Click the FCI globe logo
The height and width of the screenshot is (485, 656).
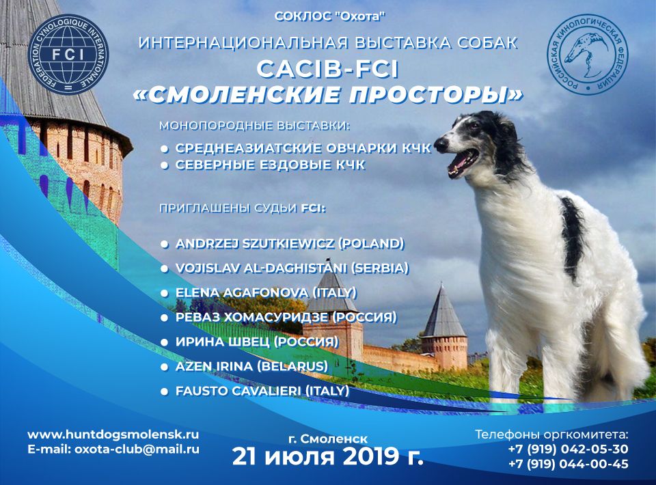(68, 53)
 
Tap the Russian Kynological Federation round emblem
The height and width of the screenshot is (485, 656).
(587, 53)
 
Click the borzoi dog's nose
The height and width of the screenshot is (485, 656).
(439, 145)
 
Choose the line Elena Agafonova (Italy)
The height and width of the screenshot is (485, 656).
(266, 292)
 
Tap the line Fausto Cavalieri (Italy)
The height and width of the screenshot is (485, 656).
(262, 391)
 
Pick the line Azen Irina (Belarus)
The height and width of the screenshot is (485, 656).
(252, 367)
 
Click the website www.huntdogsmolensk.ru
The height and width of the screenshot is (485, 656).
(113, 434)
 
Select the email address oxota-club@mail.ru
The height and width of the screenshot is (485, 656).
(137, 449)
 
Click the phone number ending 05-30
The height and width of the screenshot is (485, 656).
(568, 449)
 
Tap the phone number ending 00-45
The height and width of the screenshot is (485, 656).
(568, 464)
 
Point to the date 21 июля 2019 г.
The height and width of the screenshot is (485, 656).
(327, 456)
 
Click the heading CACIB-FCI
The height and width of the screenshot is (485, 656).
(327, 70)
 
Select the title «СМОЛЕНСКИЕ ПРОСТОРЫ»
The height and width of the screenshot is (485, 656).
(327, 95)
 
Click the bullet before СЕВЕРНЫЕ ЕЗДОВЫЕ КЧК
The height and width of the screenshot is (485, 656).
(165, 165)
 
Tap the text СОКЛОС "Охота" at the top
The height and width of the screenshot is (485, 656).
(330, 16)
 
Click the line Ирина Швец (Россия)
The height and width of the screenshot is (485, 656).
(257, 342)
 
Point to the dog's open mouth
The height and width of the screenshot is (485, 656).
(463, 163)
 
